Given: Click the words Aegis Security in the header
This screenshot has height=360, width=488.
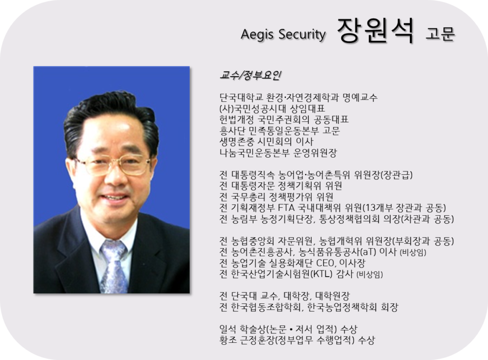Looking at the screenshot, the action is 283,34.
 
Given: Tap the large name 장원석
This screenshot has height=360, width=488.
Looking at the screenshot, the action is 376,30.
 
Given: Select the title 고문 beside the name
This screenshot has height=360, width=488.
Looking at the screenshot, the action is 440,33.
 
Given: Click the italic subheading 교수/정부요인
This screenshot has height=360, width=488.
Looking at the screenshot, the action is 251,75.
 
